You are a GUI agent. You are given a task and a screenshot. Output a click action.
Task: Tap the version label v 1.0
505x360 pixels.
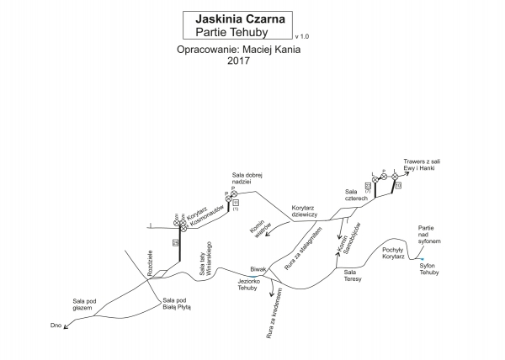[x=302, y=37]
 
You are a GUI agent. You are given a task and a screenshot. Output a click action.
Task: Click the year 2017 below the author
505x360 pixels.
[x=239, y=61]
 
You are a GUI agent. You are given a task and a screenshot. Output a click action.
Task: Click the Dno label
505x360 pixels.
[x=56, y=326]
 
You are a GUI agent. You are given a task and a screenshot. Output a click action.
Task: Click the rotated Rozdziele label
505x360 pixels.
[x=151, y=263]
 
